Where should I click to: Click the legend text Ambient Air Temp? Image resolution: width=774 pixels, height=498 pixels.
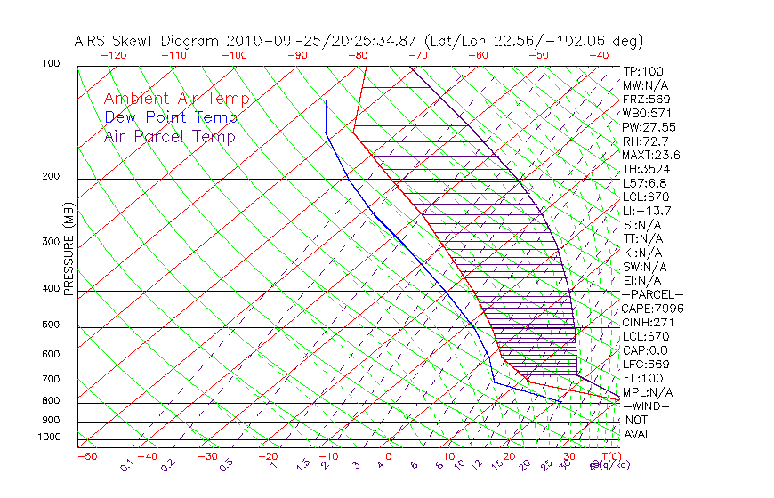tap(176, 99)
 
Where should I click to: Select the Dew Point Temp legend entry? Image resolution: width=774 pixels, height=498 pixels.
tap(170, 117)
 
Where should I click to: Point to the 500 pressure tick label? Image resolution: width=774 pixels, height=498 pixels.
tap(52, 325)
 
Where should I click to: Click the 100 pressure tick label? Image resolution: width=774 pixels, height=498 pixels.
tap(52, 64)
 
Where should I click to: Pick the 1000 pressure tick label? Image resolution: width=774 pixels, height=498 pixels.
tap(49, 438)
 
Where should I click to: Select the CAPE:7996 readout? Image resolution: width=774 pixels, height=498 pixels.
tap(652, 309)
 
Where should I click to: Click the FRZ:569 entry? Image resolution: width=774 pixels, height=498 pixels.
tap(643, 99)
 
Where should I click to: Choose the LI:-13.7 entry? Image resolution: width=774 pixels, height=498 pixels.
tap(647, 211)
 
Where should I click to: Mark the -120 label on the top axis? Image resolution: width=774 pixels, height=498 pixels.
tap(113, 55)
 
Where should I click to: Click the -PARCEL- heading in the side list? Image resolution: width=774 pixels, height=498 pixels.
tap(652, 294)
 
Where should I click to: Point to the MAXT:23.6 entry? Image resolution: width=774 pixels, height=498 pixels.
tap(649, 155)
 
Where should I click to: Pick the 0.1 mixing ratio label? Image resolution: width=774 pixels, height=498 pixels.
tap(125, 465)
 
